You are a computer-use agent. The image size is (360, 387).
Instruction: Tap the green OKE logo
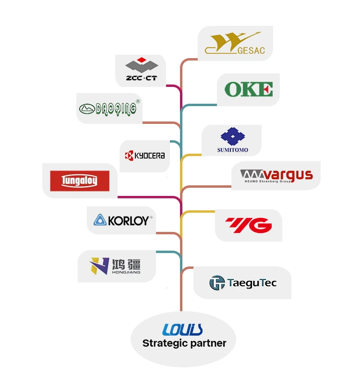[248, 89]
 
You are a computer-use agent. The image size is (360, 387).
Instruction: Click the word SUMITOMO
[232, 150]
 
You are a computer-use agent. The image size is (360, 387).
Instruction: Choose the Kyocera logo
[145, 156]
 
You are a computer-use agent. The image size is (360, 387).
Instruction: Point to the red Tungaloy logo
[80, 181]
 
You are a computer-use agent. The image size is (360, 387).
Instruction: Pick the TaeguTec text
[252, 283]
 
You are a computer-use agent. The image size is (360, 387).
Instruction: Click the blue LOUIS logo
[182, 329]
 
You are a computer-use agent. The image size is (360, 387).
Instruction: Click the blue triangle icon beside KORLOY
[100, 220]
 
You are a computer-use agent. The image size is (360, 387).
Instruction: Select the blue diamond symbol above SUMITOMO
[232, 136]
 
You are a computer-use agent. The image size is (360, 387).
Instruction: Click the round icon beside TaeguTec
[217, 283]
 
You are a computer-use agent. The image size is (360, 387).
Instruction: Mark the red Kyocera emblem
[129, 156]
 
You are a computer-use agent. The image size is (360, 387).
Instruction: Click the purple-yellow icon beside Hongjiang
[100, 266]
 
